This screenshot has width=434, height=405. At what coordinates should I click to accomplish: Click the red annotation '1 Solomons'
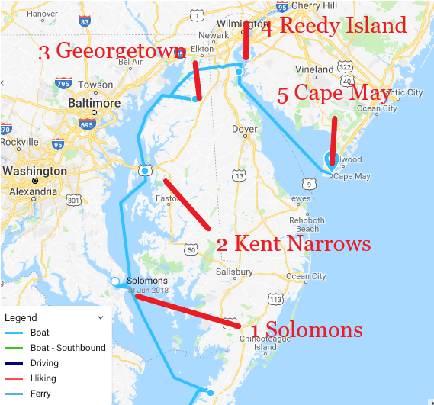point(307,329)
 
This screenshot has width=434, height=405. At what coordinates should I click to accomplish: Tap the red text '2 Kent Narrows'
point(294,244)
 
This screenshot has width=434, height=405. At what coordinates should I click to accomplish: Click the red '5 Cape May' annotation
point(333,94)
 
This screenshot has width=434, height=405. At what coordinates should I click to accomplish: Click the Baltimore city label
point(95,103)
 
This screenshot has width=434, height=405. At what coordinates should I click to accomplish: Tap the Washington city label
point(34,171)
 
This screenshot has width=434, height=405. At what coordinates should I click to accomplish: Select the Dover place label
point(244,130)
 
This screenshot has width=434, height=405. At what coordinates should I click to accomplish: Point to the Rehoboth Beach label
point(307,225)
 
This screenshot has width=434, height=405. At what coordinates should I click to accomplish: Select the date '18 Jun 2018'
point(149,291)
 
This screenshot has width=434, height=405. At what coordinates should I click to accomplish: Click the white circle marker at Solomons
point(115,281)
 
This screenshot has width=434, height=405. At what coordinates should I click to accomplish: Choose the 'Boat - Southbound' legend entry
point(68,348)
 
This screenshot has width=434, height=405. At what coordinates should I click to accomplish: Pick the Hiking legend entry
point(43,378)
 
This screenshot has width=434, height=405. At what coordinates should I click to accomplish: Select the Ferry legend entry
point(40,394)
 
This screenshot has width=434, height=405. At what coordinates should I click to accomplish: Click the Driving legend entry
point(44,363)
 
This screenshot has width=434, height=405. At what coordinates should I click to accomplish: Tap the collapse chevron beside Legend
point(100,317)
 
